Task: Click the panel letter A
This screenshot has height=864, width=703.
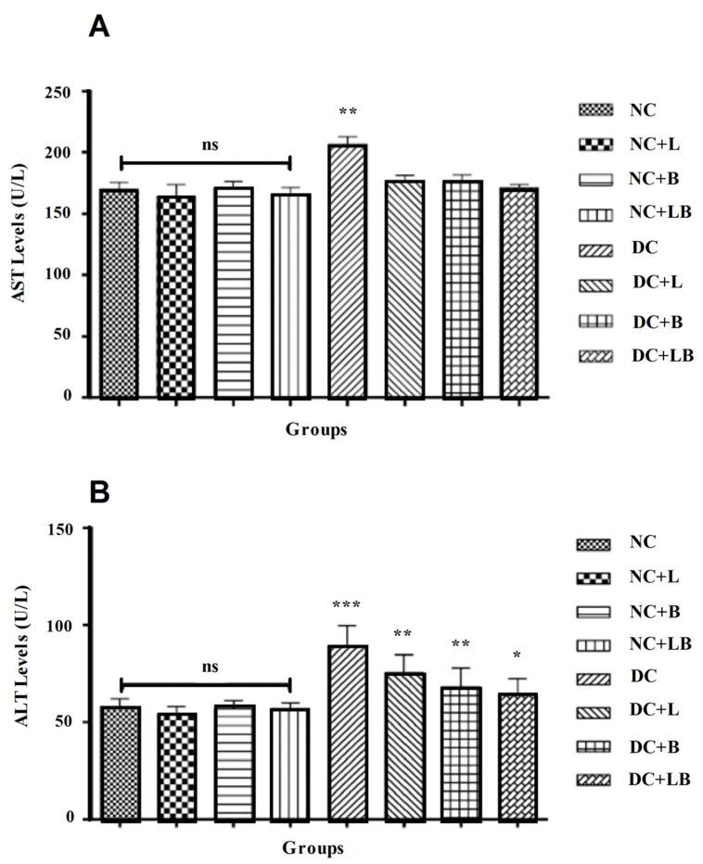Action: pos(99,27)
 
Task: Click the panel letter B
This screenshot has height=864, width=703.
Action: pos(99,492)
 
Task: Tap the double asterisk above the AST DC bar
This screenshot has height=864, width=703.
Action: pos(348,113)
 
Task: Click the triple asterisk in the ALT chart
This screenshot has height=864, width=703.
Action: pos(348,606)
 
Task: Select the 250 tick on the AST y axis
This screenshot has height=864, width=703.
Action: pos(65,92)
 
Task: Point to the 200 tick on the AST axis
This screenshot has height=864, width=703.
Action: pos(65,152)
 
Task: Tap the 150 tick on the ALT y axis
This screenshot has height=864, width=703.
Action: pos(65,528)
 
